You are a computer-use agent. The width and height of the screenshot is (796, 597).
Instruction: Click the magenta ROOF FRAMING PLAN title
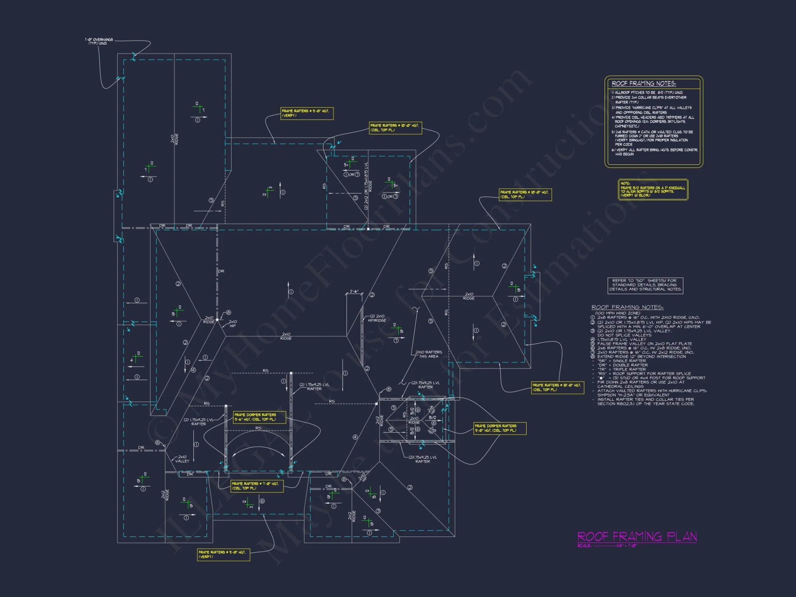pyautogui.click(x=637, y=537)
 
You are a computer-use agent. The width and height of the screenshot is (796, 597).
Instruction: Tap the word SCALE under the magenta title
pyautogui.click(x=584, y=546)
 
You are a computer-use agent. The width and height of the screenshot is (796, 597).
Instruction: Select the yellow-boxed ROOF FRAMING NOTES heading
pyautogui.click(x=644, y=84)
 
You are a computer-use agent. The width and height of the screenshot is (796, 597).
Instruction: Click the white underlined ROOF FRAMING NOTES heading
pyautogui.click(x=627, y=307)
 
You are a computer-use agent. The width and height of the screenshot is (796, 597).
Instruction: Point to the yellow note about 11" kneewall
pyautogui.click(x=653, y=189)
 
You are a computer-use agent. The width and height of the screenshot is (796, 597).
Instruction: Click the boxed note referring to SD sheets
pyautogui.click(x=645, y=285)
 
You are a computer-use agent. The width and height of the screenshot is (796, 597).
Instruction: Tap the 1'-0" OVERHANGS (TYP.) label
pyautogui.click(x=99, y=41)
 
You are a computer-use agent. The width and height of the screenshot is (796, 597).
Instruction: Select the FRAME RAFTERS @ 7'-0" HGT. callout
pyautogui.click(x=257, y=486)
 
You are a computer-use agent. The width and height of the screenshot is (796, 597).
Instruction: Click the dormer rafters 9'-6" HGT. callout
pyautogui.click(x=259, y=417)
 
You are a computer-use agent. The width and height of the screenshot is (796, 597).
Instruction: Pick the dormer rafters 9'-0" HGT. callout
pyautogui.click(x=499, y=428)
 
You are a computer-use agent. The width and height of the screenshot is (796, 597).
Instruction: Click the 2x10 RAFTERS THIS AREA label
pyautogui.click(x=429, y=354)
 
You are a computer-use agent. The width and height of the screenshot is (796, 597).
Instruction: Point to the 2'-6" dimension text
pyautogui.click(x=354, y=291)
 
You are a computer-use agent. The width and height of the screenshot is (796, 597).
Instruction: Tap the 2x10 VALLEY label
pyautogui.click(x=182, y=459)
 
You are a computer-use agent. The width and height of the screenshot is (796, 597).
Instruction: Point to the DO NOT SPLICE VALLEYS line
pyautogui.click(x=624, y=335)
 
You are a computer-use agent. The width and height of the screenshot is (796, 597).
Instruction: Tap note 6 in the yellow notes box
pyautogui.click(x=654, y=152)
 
